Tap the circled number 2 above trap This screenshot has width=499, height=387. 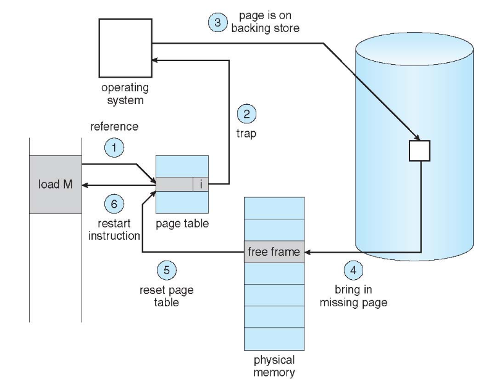pyautogui.click(x=247, y=115)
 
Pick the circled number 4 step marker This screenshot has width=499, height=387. pyautogui.click(x=353, y=271)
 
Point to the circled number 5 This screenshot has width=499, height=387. pyautogui.click(x=167, y=269)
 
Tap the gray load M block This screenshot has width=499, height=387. pyautogui.click(x=56, y=184)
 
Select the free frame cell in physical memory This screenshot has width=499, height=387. pyautogui.click(x=274, y=251)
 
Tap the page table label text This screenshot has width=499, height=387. pyautogui.click(x=183, y=224)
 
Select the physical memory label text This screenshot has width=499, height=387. pyautogui.click(x=274, y=365)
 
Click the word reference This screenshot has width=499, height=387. pyautogui.click(x=114, y=127)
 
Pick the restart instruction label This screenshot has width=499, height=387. pyautogui.click(x=115, y=229)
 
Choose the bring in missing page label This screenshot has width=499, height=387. pyautogui.click(x=354, y=296)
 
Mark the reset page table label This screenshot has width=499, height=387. pyautogui.click(x=166, y=296)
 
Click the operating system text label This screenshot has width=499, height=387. pyautogui.click(x=125, y=94)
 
